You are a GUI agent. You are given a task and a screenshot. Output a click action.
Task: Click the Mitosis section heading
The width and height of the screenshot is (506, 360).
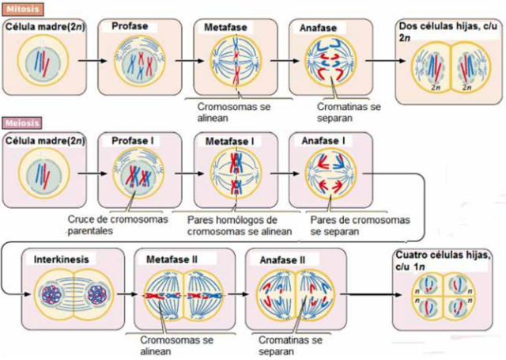tap(17, 8)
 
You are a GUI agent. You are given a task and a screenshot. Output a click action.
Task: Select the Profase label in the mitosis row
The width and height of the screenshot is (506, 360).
tap(130, 27)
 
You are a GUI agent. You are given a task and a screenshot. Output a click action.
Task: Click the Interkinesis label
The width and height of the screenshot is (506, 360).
tap(62, 259)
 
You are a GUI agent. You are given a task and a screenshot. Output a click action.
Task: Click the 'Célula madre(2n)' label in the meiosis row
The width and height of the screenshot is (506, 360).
tap(44, 141)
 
